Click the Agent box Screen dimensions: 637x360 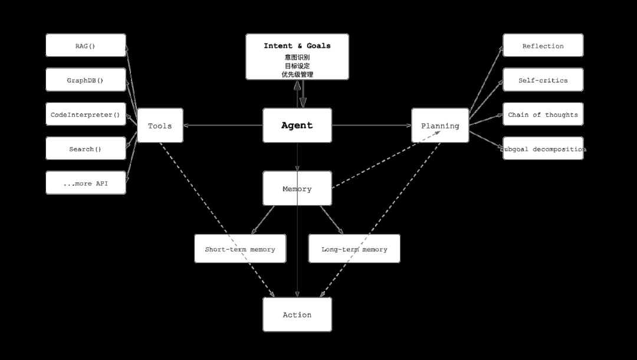(297, 125)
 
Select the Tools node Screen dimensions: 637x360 (160, 125)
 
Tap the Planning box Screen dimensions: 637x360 (440, 125)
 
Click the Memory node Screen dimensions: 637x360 (297, 188)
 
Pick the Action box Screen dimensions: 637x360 (297, 315)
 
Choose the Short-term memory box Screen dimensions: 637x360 (240, 248)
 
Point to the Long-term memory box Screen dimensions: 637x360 (354, 248)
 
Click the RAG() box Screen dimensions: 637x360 (86, 45)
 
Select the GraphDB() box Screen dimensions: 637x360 (86, 80)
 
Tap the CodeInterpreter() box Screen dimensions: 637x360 (86, 114)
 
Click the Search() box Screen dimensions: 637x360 (86, 148)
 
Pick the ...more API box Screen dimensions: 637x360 (86, 183)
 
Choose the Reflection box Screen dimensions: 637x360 (543, 45)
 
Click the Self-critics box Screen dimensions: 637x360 (543, 80)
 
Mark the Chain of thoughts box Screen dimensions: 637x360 (543, 114)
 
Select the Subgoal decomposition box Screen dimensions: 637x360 (543, 148)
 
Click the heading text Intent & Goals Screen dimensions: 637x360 (297, 46)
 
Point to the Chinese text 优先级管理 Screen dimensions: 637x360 (297, 74)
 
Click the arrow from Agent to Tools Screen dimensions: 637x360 (223, 125)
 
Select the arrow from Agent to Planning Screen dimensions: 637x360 (372, 125)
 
